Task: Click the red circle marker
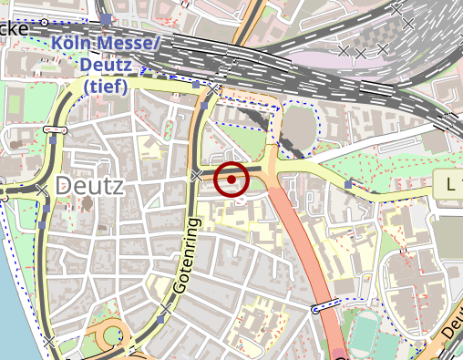pyautogui.click(x=231, y=179)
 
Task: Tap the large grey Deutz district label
pyautogui.click(x=90, y=185)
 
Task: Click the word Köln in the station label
pyautogui.click(x=76, y=44)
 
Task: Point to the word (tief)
pyautogui.click(x=107, y=87)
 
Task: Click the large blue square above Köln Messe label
pyautogui.click(x=107, y=19)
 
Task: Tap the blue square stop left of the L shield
pyautogui.click(x=348, y=185)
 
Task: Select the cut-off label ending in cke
pyautogui.click(x=14, y=27)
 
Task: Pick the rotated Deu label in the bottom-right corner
pyautogui.click(x=452, y=336)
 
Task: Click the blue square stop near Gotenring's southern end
pyautogui.click(x=160, y=320)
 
